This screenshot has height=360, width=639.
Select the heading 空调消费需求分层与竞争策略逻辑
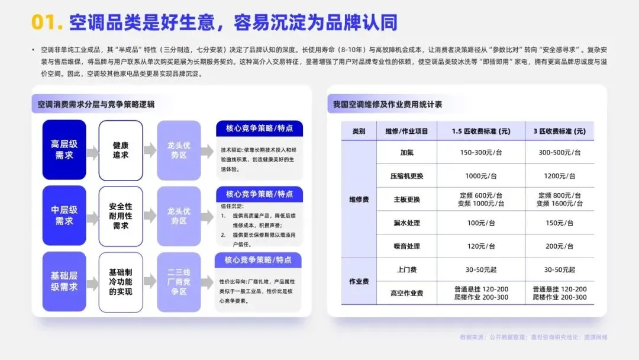click(96, 104)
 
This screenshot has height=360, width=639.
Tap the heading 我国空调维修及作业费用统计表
click(388, 104)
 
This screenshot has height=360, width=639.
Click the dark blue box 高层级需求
click(64, 150)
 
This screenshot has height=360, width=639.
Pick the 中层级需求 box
click(64, 216)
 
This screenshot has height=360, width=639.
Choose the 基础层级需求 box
click(64, 282)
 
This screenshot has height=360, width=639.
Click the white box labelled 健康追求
click(121, 150)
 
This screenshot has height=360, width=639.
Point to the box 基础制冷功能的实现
click(121, 282)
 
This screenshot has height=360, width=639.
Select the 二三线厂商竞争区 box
click(179, 282)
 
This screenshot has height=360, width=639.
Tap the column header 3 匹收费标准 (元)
click(559, 131)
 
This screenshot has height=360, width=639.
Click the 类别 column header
click(359, 131)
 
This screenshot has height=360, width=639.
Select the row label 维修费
click(359, 200)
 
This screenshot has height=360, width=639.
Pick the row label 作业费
click(359, 281)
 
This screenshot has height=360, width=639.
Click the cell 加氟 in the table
click(406, 152)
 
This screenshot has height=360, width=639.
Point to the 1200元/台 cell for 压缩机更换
click(559, 176)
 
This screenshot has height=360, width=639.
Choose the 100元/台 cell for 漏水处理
click(480, 223)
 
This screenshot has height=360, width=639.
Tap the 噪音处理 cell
click(406, 246)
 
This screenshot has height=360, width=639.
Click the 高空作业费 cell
click(406, 293)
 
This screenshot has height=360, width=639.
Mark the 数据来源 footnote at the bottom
click(533, 337)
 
